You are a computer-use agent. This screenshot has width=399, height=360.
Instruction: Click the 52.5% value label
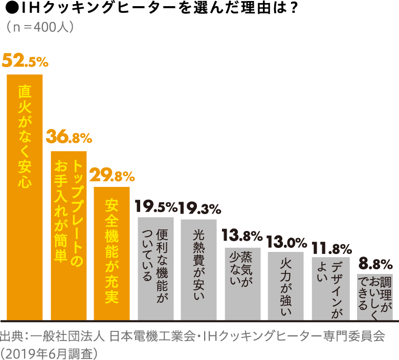25,61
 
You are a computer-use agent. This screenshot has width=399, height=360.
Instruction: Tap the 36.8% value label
69,137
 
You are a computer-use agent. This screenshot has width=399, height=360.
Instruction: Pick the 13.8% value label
242,236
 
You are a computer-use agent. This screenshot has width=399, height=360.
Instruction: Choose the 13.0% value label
286,241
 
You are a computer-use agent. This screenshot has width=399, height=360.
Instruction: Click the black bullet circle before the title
7,9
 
